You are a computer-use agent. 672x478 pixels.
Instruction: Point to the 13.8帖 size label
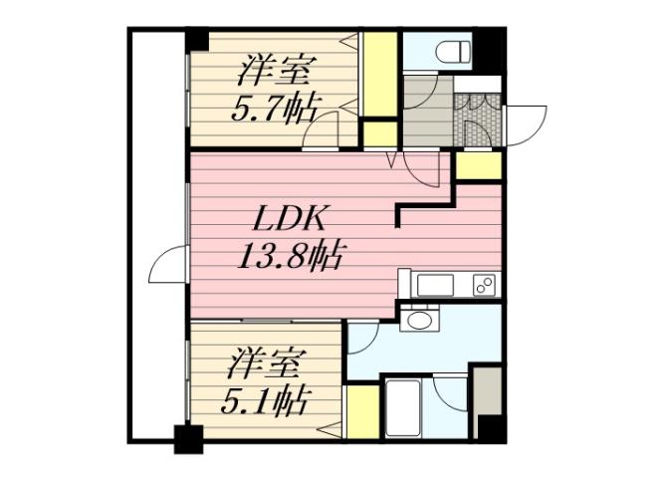click(290, 257)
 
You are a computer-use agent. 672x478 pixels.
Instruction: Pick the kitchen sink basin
click(436, 286)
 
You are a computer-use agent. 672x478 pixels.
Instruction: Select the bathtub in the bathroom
click(405, 407)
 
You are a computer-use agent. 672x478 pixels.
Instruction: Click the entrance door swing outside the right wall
click(526, 124)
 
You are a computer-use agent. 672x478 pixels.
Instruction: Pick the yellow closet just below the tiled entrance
click(479, 165)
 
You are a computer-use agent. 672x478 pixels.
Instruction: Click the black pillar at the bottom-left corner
click(187, 437)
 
